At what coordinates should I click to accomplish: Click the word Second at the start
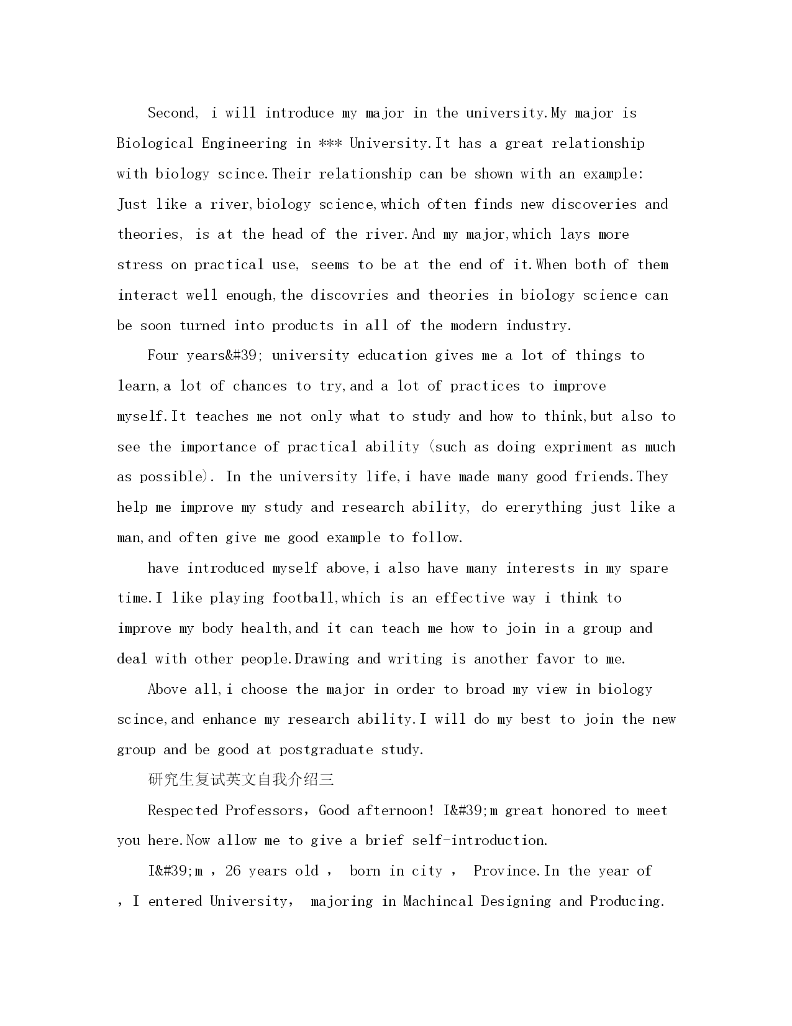coord(171,113)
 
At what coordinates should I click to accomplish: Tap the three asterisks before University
coord(330,144)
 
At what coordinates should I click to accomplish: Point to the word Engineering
coord(244,144)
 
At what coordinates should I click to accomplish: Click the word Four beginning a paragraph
coord(163,356)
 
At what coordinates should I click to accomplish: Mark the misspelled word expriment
coord(578,447)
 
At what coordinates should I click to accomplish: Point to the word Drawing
coord(322,659)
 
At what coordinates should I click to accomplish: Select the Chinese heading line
coord(241,780)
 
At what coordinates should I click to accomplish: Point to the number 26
coord(232,871)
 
